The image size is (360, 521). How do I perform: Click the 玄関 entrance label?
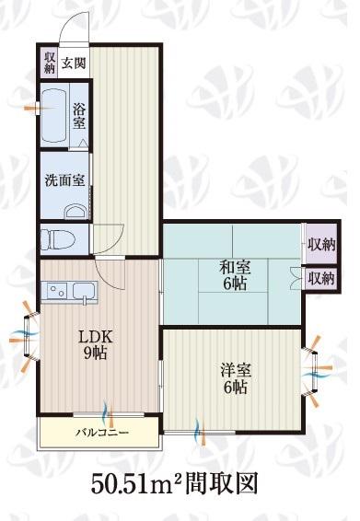coord(74,63)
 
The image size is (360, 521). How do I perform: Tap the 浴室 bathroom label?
coord(79,116)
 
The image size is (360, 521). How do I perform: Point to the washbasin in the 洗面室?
coord(75,212)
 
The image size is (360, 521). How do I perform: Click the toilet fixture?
coord(57,238)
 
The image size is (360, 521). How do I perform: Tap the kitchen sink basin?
coord(84,291)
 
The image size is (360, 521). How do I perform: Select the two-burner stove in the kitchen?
coord(57,291)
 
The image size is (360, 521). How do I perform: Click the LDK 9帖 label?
coord(96,345)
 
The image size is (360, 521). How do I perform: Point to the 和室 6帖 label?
coord(235,276)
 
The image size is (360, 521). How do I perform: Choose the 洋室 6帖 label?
coord(236,379)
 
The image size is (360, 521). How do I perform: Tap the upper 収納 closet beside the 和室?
coord(320,245)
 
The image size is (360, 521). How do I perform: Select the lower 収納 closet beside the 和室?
coord(321,278)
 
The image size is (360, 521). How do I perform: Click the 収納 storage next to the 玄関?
coord(50,63)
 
